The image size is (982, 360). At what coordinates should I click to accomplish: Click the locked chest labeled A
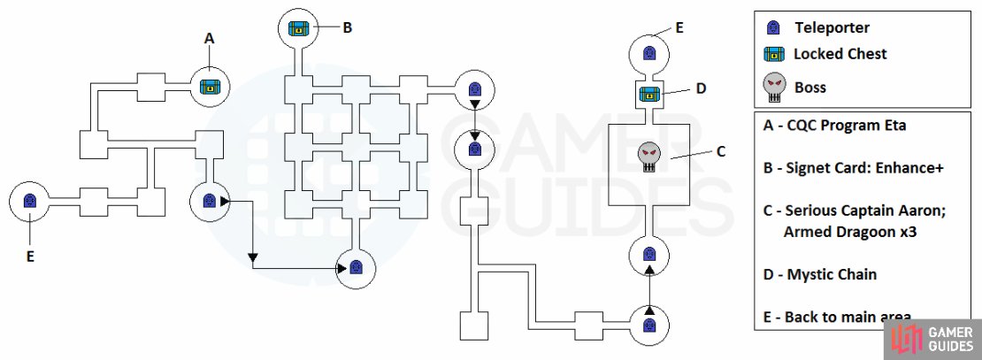(210, 87)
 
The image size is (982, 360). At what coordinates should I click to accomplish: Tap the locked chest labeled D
(648, 95)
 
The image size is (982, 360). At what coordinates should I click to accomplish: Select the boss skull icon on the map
(649, 157)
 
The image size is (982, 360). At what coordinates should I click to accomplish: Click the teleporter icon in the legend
(773, 27)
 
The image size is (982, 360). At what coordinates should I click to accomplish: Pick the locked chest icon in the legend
(774, 55)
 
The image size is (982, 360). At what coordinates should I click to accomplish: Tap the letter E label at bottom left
(30, 256)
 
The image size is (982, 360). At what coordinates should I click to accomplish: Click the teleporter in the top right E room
(648, 55)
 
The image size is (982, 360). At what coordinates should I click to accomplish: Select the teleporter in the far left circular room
(29, 201)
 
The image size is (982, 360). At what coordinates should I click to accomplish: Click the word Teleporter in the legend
(832, 27)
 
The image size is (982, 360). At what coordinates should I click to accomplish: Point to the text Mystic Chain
(832, 274)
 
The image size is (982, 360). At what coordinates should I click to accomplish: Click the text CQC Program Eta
(846, 126)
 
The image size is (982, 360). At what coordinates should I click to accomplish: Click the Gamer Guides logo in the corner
(932, 340)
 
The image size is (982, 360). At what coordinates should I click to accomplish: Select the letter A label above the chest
(209, 38)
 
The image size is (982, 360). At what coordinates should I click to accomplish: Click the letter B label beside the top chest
(348, 27)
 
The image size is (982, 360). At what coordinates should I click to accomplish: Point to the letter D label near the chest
(701, 88)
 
